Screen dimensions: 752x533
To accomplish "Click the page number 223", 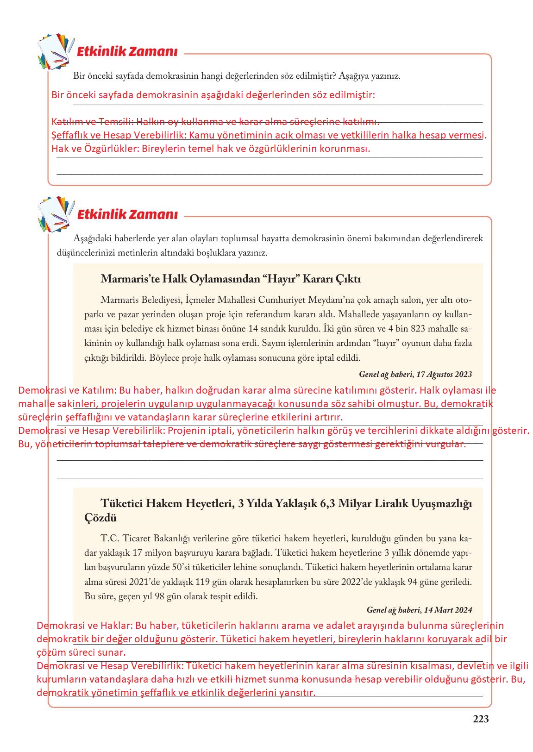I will click(x=481, y=719).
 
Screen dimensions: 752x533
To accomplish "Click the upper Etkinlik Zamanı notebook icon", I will click(x=55, y=50).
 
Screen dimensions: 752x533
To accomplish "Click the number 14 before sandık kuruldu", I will click(x=253, y=329).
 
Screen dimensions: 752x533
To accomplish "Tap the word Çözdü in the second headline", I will click(x=100, y=518).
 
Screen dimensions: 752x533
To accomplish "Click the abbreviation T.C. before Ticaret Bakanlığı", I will click(x=110, y=538).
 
